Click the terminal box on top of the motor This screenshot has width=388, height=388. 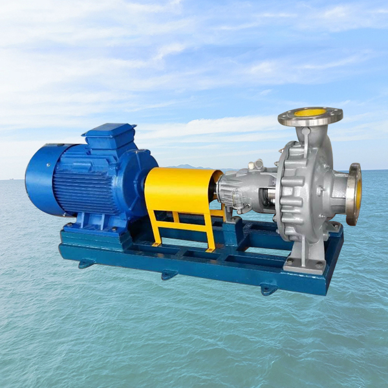(x=109, y=136)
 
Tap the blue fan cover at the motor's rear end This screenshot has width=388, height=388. (x=40, y=179)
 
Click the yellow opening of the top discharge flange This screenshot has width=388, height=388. (x=310, y=113)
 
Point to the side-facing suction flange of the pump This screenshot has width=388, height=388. (x=354, y=193)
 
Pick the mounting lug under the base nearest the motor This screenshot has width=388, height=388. (x=87, y=263)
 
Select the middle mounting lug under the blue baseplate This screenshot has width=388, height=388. (x=169, y=274)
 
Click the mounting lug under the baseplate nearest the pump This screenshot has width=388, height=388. (x=268, y=289)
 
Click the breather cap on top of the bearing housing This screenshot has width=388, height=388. (x=259, y=164)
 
